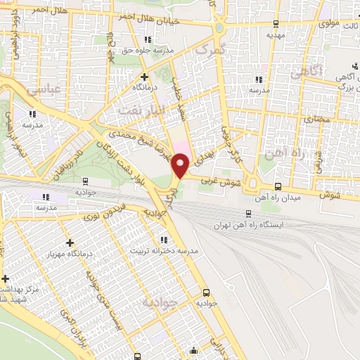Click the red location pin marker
(181, 165)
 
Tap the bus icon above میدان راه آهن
(279, 186)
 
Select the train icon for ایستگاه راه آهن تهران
(249, 214)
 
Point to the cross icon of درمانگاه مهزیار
(69, 243)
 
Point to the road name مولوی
(328, 23)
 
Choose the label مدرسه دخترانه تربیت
(171, 250)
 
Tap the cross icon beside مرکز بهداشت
(5, 279)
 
